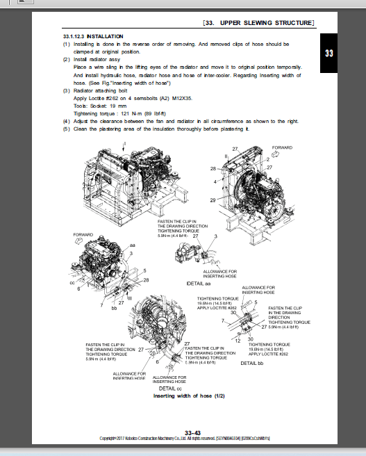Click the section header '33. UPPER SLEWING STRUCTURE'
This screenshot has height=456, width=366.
pos(259,24)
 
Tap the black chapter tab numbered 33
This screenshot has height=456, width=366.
pos(328,54)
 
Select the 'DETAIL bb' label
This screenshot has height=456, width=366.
pos(253,363)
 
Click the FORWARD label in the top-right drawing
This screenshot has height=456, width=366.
pos(283,148)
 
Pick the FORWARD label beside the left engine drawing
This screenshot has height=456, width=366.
pos(83,235)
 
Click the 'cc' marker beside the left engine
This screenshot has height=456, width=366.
pos(72,283)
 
